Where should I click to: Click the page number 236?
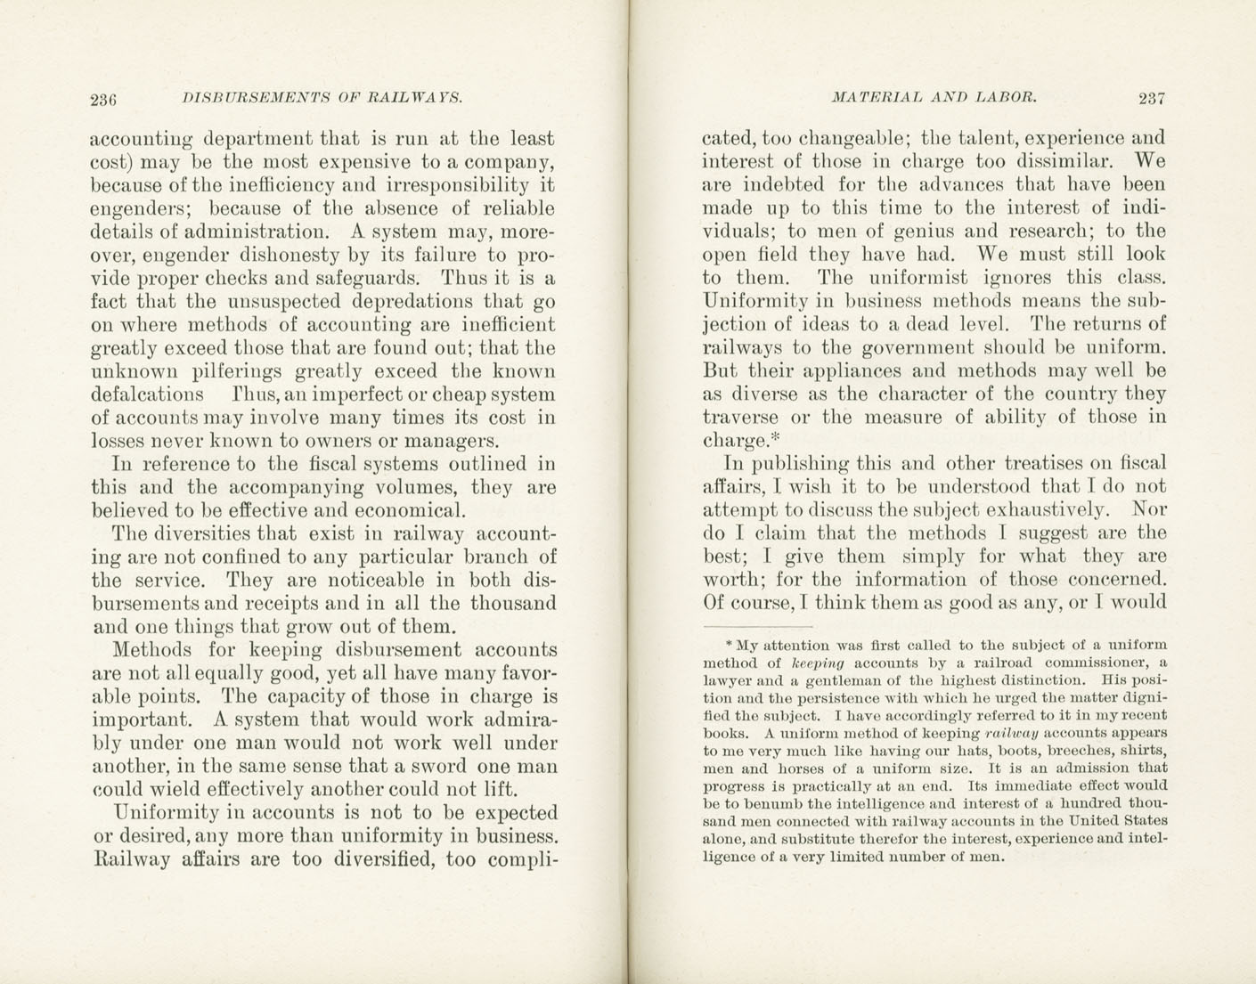[x=105, y=99]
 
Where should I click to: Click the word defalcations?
[x=148, y=394]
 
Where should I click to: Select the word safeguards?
[x=368, y=278]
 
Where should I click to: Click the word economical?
[x=409, y=511]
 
